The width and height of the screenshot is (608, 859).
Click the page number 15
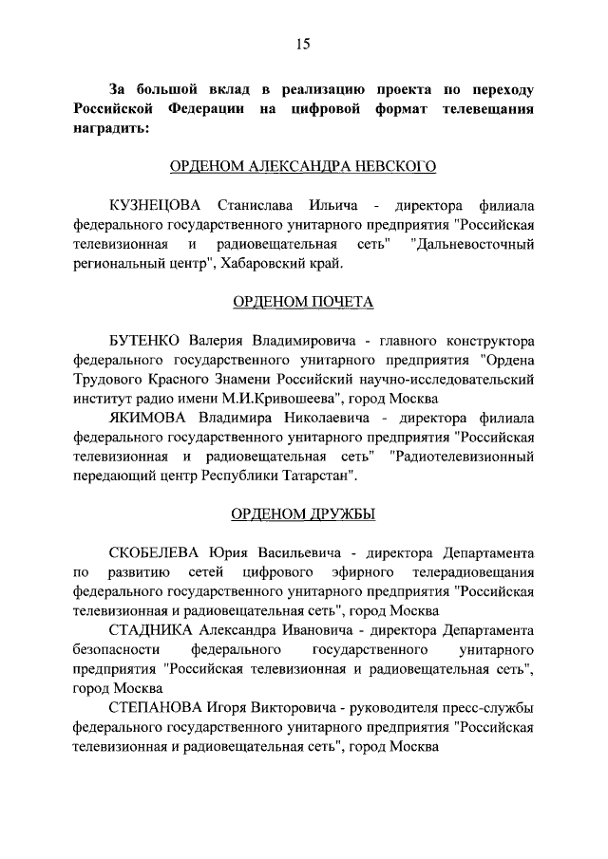[x=303, y=44]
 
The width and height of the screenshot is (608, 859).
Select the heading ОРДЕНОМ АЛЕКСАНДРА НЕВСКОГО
[x=303, y=168]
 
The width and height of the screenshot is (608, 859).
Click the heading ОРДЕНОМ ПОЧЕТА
[x=303, y=303]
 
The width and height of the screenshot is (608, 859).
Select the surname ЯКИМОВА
[x=150, y=418]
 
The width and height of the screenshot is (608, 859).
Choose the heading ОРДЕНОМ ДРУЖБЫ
[x=303, y=514]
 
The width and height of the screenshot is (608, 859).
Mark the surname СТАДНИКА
[x=154, y=630]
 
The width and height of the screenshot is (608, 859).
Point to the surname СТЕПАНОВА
[x=160, y=708]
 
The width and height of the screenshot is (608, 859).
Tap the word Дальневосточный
[x=472, y=245]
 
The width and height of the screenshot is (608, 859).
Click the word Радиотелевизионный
[x=452, y=456]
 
